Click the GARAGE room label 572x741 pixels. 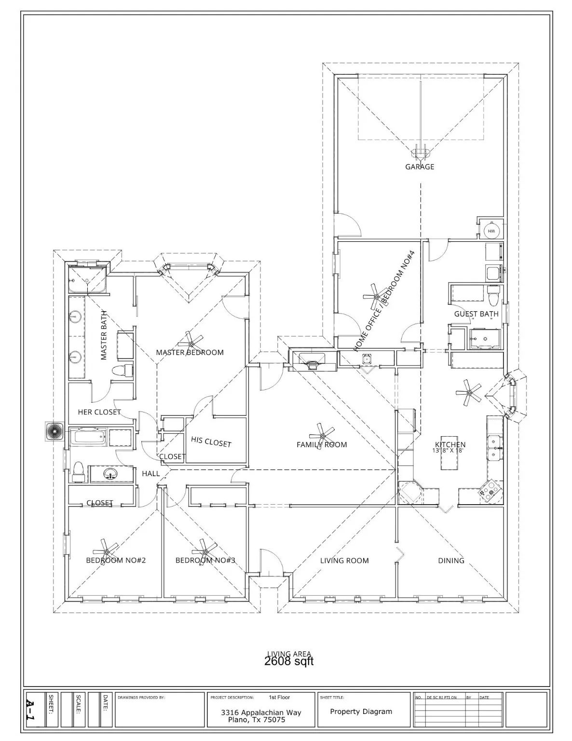(419, 167)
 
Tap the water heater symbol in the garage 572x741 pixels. (491, 232)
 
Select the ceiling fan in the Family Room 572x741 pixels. (322, 432)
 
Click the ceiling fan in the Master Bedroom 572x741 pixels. (191, 343)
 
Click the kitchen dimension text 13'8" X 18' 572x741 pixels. (448, 451)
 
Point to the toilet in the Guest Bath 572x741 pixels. (493, 297)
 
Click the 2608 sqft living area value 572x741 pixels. (289, 661)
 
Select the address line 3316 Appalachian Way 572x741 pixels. (261, 713)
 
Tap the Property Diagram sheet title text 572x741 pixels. (361, 712)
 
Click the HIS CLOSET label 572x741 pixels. (211, 441)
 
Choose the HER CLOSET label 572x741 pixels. (99, 412)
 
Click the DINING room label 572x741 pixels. (451, 561)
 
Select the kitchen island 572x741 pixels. (449, 463)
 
